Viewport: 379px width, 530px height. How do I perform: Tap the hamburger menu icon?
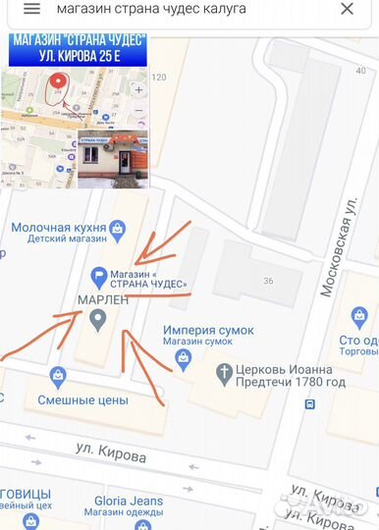point(31,9)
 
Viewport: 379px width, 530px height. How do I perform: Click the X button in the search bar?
point(347,9)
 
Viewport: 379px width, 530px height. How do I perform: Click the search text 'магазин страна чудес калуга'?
point(151,9)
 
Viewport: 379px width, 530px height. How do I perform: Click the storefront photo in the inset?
point(112,157)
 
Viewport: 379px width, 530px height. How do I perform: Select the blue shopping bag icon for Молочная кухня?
point(119,231)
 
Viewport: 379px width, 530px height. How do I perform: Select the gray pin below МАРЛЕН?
point(97,319)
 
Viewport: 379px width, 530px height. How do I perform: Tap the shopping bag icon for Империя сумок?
point(183,361)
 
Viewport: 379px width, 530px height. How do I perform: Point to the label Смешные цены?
point(83,400)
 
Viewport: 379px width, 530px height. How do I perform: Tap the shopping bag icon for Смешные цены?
point(59,376)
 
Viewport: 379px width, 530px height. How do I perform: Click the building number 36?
point(268,281)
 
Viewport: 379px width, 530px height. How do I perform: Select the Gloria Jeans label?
point(129,502)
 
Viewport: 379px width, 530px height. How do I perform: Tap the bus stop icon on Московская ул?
point(310,403)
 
